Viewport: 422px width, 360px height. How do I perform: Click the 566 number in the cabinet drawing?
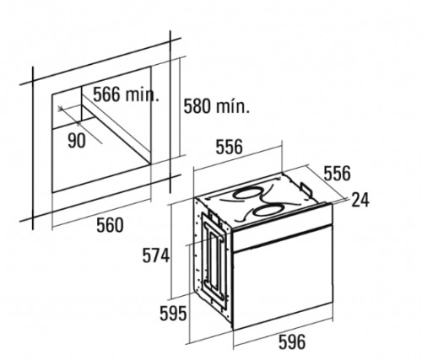click(106, 94)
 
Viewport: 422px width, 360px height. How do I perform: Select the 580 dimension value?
click(197, 106)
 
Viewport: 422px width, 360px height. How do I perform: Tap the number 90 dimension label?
click(77, 140)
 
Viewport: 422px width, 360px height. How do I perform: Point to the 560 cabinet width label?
click(110, 225)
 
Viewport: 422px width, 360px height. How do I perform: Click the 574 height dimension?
click(156, 255)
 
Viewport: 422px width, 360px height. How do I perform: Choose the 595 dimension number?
click(173, 314)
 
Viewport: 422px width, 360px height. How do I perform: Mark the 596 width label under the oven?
click(292, 341)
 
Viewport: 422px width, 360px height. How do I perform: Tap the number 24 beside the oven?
click(360, 200)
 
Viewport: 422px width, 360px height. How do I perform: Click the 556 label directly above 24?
click(338, 173)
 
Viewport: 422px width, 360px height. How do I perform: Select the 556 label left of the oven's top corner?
click(229, 147)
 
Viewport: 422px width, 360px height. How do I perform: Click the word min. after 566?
click(142, 94)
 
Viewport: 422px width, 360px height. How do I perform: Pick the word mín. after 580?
click(233, 106)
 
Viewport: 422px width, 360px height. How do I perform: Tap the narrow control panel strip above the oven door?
click(282, 227)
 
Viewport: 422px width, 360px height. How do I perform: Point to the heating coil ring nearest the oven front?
click(267, 210)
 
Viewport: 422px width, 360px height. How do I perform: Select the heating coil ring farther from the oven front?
click(246, 193)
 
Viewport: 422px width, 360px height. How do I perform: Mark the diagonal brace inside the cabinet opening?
click(116, 124)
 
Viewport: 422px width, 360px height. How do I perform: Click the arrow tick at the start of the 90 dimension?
click(60, 108)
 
